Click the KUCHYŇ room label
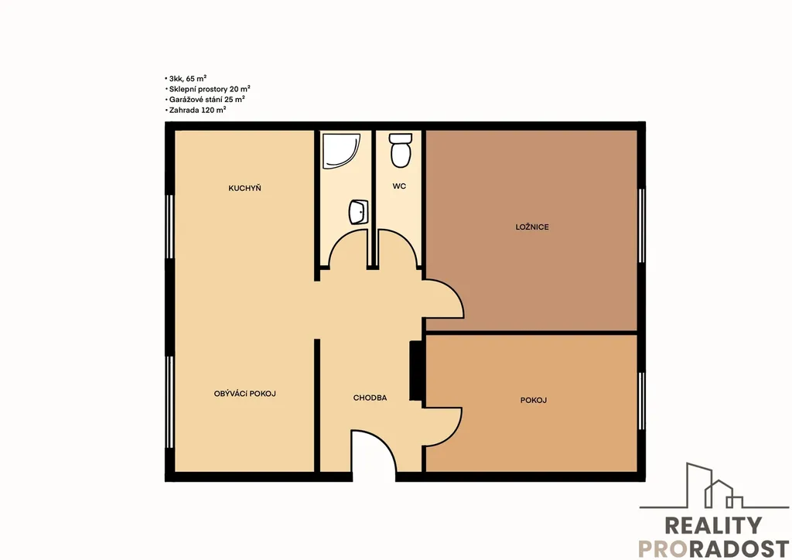coord(244,189)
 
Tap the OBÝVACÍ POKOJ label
coord(245,394)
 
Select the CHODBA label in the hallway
coord(370,398)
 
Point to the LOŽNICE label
coord(532,227)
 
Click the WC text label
coord(399,186)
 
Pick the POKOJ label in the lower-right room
coord(534,401)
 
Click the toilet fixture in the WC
coord(401,150)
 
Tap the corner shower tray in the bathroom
coord(341,151)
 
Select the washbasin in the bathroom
coord(359,212)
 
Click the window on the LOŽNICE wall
coord(641,226)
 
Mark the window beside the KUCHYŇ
coord(169,226)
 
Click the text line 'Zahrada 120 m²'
coord(196,110)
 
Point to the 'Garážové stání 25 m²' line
coord(205,100)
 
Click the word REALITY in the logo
coord(713,526)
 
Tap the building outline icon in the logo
coord(714,486)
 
